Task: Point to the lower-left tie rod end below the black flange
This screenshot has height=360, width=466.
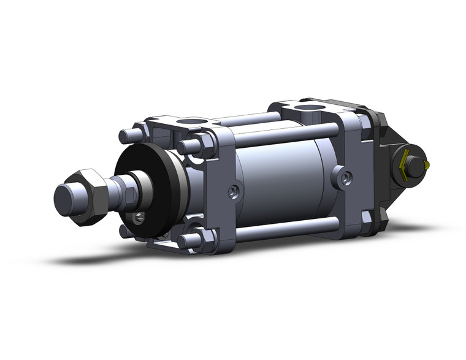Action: [x=126, y=231]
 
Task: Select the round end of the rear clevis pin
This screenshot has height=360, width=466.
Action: [x=415, y=164]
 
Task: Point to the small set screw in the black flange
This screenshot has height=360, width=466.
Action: [x=140, y=216]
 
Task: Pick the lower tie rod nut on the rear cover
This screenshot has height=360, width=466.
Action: [x=366, y=217]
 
